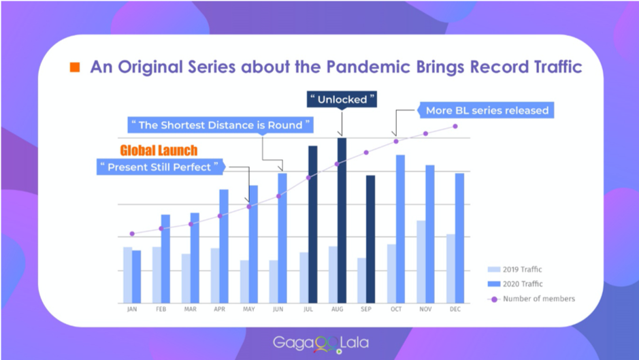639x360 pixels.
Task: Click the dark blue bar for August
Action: (x=342, y=220)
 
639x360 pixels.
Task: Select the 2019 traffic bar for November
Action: (x=421, y=262)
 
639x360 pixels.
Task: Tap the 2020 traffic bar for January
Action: (x=137, y=277)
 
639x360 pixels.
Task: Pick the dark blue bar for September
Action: (x=370, y=240)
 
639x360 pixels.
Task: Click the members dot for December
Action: (x=455, y=127)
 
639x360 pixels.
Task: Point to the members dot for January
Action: (x=132, y=233)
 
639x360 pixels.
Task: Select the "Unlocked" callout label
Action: (x=342, y=99)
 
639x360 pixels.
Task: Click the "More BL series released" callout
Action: (x=487, y=110)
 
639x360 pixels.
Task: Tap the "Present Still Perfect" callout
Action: (x=160, y=167)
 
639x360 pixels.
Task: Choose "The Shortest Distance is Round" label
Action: (x=221, y=125)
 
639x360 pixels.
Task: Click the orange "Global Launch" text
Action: (x=159, y=150)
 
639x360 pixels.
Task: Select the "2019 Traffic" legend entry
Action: (x=515, y=269)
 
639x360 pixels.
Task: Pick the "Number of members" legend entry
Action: (x=531, y=299)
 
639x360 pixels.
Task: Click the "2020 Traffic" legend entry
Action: (x=515, y=284)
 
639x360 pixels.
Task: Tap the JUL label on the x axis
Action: (x=308, y=310)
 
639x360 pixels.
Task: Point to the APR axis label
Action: (x=220, y=310)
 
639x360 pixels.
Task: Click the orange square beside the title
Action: (x=75, y=67)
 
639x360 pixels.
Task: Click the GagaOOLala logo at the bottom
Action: (x=321, y=344)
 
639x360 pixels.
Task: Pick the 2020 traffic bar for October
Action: (x=400, y=229)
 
